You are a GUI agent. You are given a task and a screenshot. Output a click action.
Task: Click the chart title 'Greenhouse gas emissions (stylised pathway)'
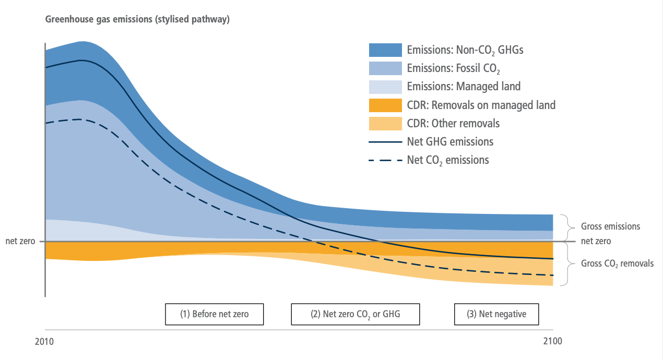pos(137,20)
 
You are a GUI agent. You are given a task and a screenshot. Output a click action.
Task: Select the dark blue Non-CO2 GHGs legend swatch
pos(385,50)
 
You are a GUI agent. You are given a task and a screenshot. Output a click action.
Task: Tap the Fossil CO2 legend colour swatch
pos(385,68)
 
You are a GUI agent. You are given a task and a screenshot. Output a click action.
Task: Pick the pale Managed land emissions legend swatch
pos(385,87)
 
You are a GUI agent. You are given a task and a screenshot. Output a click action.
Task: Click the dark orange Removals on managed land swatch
pos(385,105)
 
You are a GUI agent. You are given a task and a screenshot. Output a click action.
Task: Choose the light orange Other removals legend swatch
pos(385,124)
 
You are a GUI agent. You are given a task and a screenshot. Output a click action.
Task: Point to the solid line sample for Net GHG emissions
pos(385,142)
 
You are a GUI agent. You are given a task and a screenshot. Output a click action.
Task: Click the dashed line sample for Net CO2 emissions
pos(385,160)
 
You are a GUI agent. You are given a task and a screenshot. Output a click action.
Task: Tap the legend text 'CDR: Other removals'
pos(453,124)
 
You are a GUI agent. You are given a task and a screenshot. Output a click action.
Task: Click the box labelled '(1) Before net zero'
pos(215,314)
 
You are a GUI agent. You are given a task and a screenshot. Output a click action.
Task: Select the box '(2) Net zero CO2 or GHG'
pos(355,314)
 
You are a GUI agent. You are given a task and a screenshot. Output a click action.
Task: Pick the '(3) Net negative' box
pos(496,314)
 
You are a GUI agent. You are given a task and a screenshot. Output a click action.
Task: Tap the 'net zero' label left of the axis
pos(19,242)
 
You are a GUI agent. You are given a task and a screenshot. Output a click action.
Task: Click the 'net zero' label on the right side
pos(596,242)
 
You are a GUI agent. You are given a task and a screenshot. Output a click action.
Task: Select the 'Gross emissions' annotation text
pos(610,227)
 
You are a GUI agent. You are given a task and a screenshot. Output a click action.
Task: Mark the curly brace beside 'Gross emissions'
pos(565,227)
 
